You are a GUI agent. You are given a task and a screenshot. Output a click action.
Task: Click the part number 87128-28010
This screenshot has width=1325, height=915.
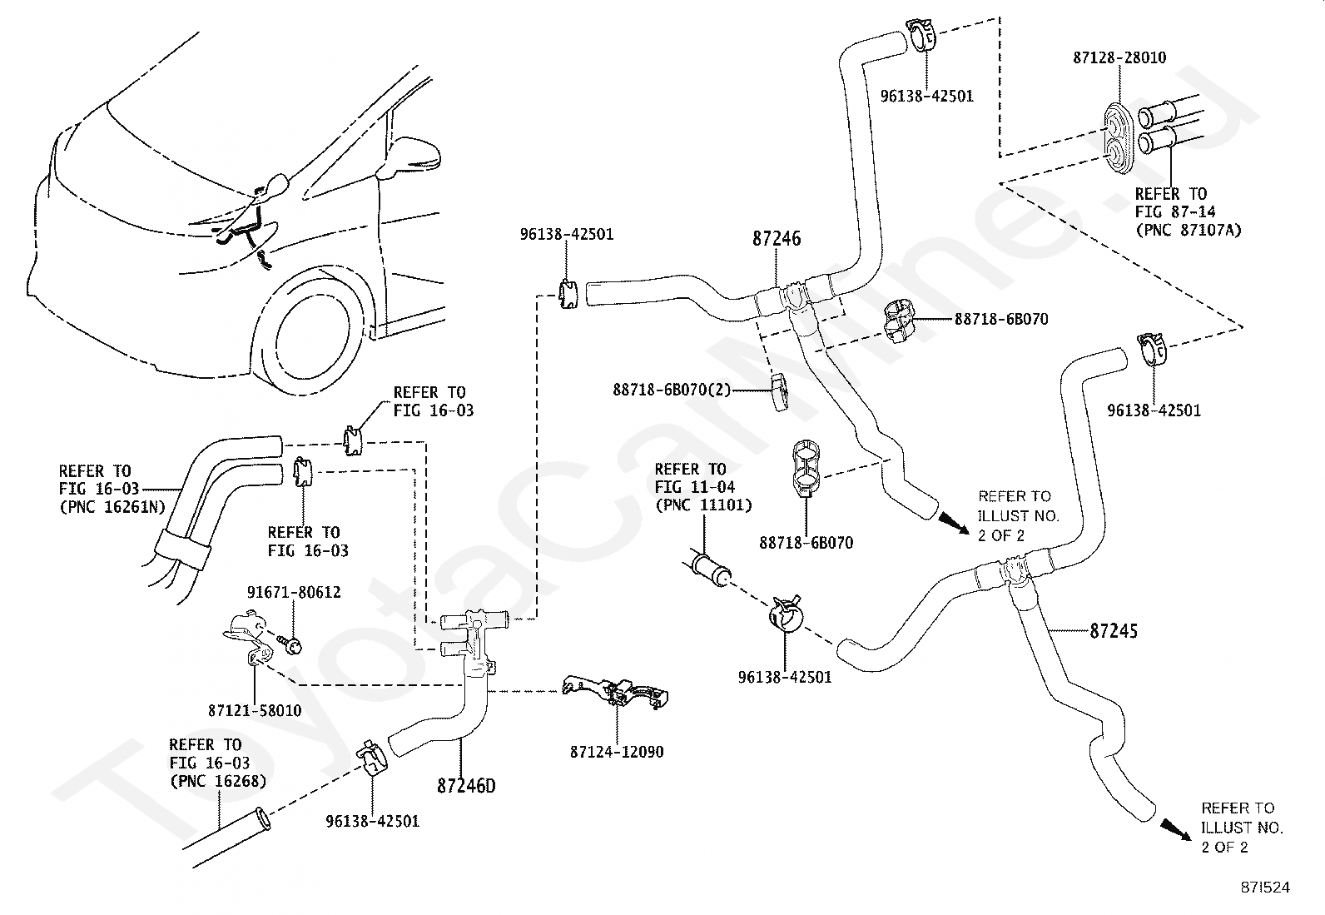pyautogui.click(x=1119, y=58)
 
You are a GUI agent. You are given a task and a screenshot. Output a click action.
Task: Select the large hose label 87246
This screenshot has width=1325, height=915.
pyautogui.click(x=777, y=238)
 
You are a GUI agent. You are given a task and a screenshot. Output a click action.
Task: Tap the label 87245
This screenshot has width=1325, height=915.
pyautogui.click(x=1114, y=631)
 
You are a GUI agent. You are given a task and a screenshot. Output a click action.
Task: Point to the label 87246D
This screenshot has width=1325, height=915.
pyautogui.click(x=466, y=786)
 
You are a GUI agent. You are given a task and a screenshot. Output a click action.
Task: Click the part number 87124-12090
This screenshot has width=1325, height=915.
pyautogui.click(x=617, y=753)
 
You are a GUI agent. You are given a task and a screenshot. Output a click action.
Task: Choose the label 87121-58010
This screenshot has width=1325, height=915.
pyautogui.click(x=255, y=711)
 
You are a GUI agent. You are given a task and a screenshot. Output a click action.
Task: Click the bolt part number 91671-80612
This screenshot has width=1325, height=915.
pyautogui.click(x=294, y=593)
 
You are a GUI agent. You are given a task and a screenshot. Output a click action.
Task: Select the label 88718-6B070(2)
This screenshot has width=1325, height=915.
pyautogui.click(x=672, y=390)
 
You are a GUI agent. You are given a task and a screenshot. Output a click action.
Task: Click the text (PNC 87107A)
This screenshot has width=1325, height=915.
pyautogui.click(x=1189, y=230)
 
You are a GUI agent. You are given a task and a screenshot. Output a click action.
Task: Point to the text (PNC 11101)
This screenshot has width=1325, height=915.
pyautogui.click(x=703, y=505)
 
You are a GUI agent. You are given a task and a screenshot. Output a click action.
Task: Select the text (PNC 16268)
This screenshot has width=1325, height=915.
pyautogui.click(x=218, y=781)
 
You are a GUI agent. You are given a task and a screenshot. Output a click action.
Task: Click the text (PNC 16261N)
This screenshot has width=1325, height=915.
pyautogui.click(x=112, y=507)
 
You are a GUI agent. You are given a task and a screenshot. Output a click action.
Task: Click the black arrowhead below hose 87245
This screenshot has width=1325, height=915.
pyautogui.click(x=1176, y=829)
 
